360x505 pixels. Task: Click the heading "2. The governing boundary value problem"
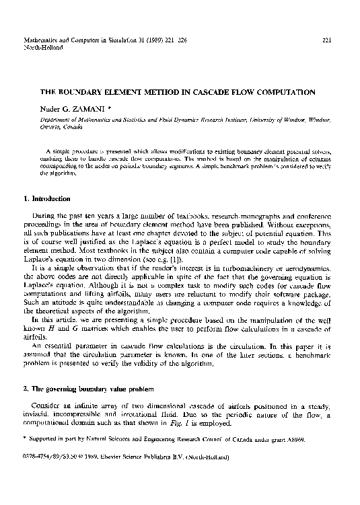coord(89,390)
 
